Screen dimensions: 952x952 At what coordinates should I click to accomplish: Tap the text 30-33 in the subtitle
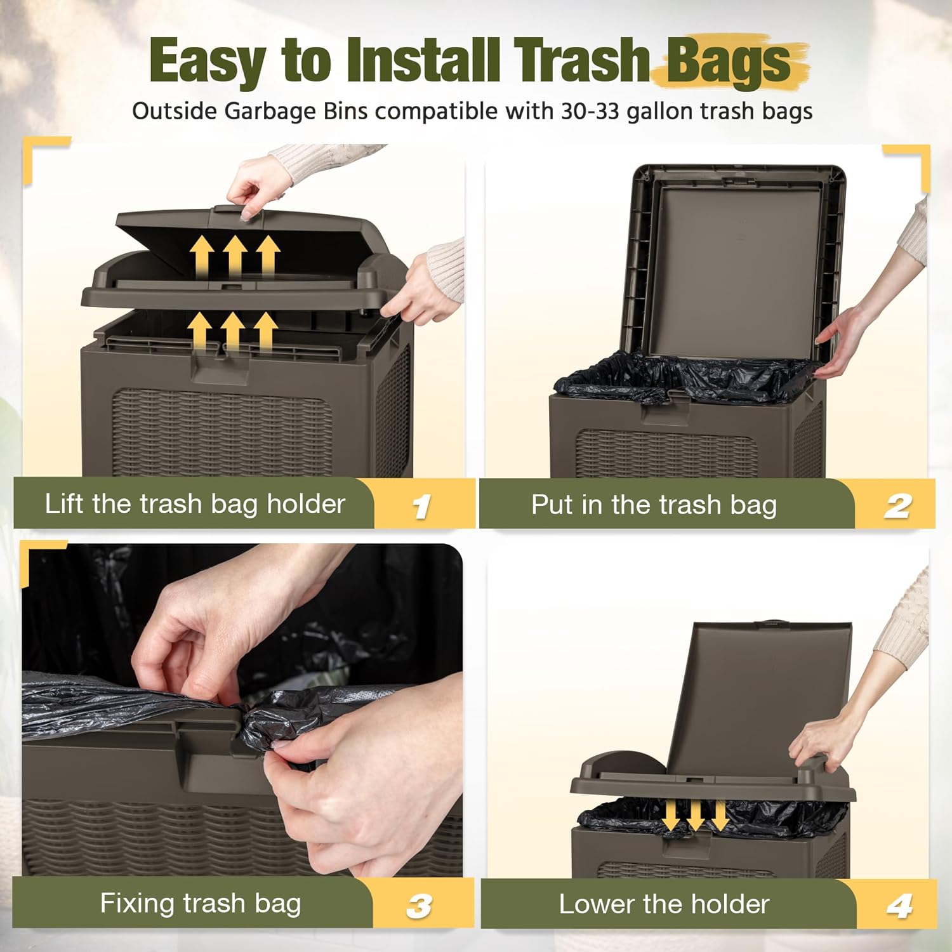point(589,111)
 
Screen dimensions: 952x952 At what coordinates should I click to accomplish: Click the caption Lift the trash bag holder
point(195,504)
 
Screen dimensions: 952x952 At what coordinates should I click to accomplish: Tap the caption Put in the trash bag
point(654,505)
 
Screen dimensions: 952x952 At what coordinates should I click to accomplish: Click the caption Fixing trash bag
point(201,903)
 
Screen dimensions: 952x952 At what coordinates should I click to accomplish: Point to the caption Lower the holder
point(664,904)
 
